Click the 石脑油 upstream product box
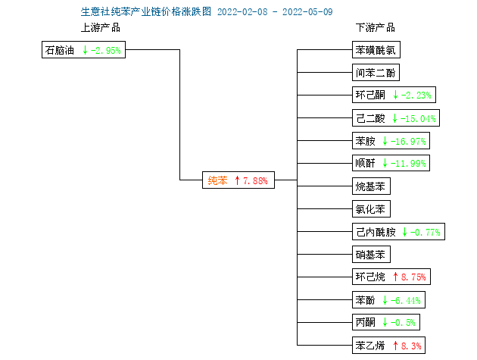(83, 50)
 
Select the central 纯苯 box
(238, 180)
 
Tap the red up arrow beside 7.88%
(237, 180)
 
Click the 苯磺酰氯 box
(376, 50)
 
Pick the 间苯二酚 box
(376, 73)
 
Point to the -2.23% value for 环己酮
(416, 95)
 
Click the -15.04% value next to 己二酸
(418, 118)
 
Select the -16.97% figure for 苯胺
(408, 141)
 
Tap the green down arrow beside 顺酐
(385, 163)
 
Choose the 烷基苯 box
(371, 186)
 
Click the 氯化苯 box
(371, 209)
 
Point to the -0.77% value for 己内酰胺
(426, 233)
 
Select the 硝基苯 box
(371, 255)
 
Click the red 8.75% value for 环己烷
(413, 277)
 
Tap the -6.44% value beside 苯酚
(406, 301)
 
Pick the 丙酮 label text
(366, 322)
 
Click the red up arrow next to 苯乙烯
(395, 346)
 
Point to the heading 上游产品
(101, 27)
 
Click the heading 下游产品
(376, 27)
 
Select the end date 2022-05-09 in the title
(307, 12)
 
